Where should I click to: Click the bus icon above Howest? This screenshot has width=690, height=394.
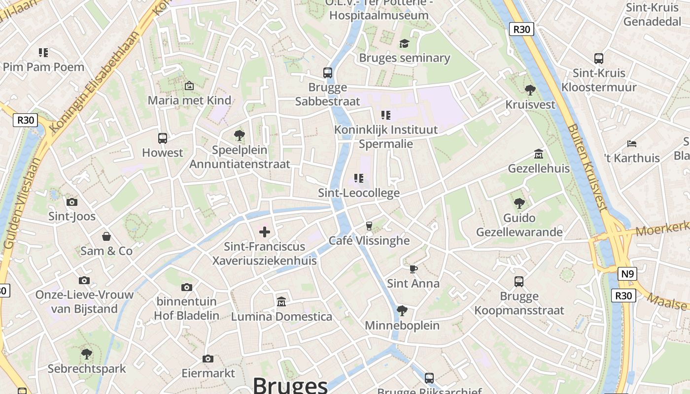click(x=162, y=138)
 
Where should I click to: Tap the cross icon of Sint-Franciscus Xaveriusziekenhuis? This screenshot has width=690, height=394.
click(x=265, y=231)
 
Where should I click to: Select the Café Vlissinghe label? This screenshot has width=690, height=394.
click(x=369, y=240)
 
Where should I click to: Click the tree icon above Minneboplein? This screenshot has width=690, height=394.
click(x=402, y=311)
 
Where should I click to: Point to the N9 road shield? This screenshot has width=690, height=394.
click(x=627, y=274)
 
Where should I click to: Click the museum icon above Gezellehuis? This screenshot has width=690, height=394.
click(x=539, y=154)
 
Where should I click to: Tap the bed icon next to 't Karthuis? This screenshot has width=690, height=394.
click(x=632, y=144)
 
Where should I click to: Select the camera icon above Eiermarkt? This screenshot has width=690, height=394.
click(x=208, y=359)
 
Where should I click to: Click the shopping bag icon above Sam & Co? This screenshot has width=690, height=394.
click(x=106, y=237)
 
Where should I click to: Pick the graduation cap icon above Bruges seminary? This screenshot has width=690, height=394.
click(x=404, y=43)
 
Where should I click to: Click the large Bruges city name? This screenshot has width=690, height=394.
click(x=290, y=385)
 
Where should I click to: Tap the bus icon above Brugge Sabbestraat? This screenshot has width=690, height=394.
click(x=328, y=73)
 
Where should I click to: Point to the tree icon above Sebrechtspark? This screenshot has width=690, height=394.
click(x=87, y=354)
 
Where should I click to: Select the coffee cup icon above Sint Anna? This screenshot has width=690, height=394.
click(x=413, y=269)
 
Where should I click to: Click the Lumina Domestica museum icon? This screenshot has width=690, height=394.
click(x=281, y=301)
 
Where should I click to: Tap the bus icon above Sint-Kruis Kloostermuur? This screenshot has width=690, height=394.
click(x=599, y=59)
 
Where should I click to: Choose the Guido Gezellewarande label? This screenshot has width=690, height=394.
click(x=519, y=225)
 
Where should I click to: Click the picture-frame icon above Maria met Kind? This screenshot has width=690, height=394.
click(x=189, y=86)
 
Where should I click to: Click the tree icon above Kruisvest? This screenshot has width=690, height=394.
click(x=530, y=90)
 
